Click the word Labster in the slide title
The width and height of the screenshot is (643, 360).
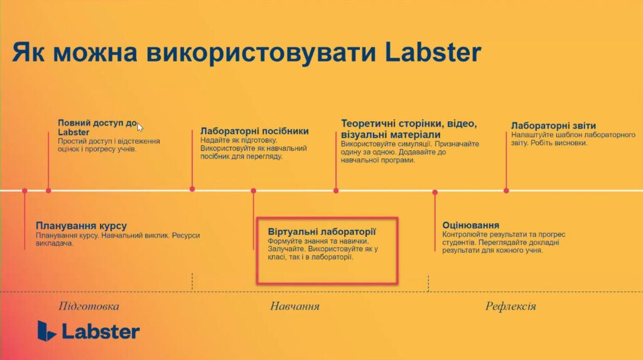pos(433,52)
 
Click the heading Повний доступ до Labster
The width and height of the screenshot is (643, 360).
pos(97,128)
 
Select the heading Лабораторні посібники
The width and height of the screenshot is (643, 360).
pos(254,131)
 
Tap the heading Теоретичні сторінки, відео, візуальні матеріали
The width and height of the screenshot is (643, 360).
pos(409,129)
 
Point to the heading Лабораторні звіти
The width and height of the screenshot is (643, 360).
pos(553,126)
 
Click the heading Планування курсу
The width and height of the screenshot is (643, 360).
pos(81,226)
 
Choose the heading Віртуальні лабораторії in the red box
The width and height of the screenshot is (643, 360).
pos(322,231)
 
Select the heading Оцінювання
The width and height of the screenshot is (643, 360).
pos(471,225)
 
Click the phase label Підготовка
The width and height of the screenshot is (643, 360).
pos(89,306)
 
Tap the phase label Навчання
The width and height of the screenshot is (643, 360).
pos(294,306)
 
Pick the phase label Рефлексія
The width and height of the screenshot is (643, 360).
pos(511,306)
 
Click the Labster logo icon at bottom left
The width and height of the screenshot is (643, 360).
pos(46,330)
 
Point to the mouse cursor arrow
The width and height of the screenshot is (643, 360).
pos(140,127)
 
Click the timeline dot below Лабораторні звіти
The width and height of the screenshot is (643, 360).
pos(506,190)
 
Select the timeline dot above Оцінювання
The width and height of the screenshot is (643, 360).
pos(435,192)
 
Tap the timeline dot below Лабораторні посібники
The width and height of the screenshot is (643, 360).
pos(192,189)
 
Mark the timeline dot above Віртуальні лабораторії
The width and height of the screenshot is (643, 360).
pos(254,190)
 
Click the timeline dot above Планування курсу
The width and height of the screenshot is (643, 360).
pos(24,190)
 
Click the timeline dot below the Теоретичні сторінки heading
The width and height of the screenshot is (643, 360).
pos(336,190)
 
